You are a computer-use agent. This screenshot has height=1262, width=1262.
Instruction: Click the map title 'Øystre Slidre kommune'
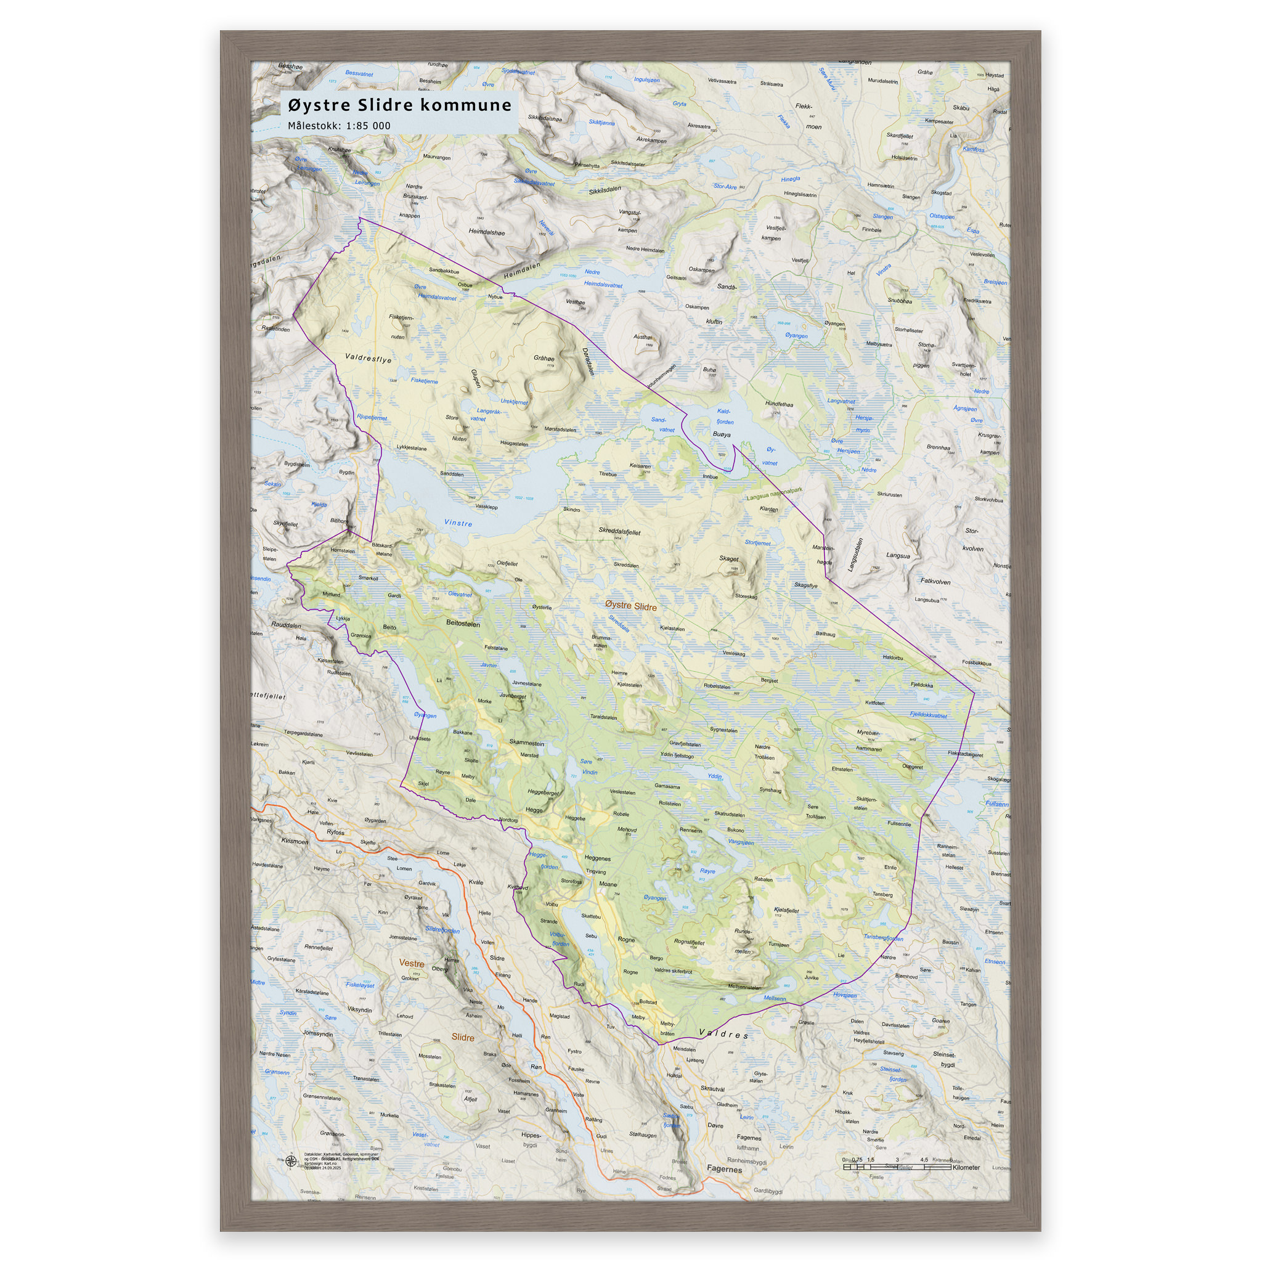coord(399,105)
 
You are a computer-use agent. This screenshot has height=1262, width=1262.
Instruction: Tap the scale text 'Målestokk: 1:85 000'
coord(339,126)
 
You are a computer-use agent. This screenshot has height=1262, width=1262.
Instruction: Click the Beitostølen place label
coord(463,623)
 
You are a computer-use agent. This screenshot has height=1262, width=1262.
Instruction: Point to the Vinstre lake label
coord(457,523)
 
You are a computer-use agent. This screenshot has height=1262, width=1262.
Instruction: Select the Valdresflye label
coord(368,359)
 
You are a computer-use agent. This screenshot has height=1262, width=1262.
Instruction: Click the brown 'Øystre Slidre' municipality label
coord(630,606)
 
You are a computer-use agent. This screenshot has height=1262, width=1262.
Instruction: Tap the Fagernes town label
coord(724,1169)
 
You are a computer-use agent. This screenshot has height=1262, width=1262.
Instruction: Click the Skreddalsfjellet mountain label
coord(619,531)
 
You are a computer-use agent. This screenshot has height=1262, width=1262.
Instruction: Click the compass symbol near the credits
coord(291,1162)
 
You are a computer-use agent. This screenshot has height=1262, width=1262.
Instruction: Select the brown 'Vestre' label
coord(412,964)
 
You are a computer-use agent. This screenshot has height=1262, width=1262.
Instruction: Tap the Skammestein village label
coord(526,743)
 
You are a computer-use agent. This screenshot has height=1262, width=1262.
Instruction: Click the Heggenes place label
coord(597,858)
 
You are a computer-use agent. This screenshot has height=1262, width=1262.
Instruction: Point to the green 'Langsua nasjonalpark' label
coord(774,494)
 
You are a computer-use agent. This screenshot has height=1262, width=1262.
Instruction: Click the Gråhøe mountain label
coord(543,358)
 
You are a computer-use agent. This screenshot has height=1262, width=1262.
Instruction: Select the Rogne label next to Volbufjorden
coord(626,939)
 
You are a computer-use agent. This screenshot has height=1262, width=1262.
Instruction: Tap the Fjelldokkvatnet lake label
coord(927,715)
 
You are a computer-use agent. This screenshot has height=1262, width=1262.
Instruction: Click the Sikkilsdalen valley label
coord(605,190)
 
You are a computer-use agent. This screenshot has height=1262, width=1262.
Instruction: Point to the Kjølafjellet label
coord(786,910)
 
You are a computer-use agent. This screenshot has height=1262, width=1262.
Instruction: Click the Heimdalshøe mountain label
coord(487,232)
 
